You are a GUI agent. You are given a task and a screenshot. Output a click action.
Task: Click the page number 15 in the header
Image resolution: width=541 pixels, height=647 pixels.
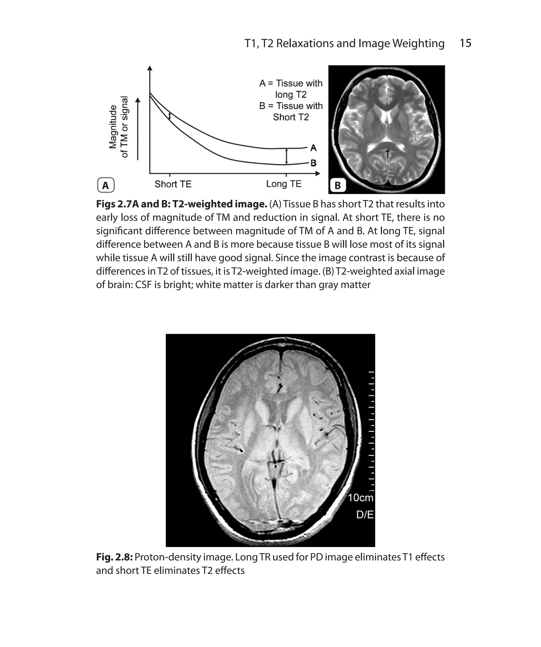[465, 43]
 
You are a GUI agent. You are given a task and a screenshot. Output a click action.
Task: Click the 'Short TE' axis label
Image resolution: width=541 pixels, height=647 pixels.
[173, 184]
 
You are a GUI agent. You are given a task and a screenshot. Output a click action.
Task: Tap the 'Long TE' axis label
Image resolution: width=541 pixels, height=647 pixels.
[283, 184]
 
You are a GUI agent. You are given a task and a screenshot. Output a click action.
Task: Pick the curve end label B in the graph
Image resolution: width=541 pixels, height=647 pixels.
[313, 163]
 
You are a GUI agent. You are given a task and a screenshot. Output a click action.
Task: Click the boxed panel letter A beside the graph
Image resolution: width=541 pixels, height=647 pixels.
[105, 185]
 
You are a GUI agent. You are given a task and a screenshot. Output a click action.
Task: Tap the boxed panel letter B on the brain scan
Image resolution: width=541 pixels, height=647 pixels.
[337, 185]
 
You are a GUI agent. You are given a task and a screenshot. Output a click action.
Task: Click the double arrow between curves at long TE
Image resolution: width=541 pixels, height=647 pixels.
[287, 156]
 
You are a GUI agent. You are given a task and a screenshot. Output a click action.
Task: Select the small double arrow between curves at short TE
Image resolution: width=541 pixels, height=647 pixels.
[169, 116]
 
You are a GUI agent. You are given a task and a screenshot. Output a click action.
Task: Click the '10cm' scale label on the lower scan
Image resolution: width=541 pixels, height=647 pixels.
[360, 498]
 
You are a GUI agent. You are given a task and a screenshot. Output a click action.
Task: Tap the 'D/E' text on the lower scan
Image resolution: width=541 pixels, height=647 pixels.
[365, 515]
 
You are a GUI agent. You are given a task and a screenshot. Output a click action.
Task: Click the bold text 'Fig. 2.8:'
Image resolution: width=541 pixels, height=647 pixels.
[114, 557]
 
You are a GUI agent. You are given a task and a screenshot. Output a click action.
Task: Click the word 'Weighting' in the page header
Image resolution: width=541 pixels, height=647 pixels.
[418, 43]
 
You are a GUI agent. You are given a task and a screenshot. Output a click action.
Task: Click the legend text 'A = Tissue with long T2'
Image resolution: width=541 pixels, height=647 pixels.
[291, 89]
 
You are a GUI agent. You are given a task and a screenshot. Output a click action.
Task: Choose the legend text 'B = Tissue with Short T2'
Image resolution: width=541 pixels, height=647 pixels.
[291, 111]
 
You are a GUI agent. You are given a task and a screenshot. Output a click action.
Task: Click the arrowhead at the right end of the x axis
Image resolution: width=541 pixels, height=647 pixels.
[318, 173]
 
